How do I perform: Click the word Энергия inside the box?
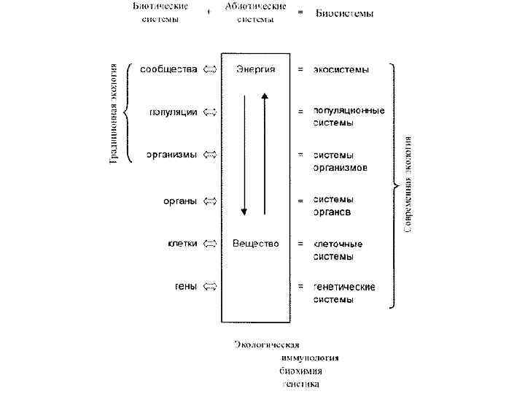[255, 69]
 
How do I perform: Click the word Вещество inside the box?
[255, 244]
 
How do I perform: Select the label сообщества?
[168, 69]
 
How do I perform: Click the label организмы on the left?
[171, 155]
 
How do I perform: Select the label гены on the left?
[185, 286]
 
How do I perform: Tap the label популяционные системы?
[349, 117]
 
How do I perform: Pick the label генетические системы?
[344, 293]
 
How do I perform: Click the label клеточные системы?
[338, 250]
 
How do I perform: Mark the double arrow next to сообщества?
[210, 69]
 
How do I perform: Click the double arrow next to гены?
[210, 286]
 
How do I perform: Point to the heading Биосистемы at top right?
[344, 13]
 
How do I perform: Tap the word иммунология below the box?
[309, 358]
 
